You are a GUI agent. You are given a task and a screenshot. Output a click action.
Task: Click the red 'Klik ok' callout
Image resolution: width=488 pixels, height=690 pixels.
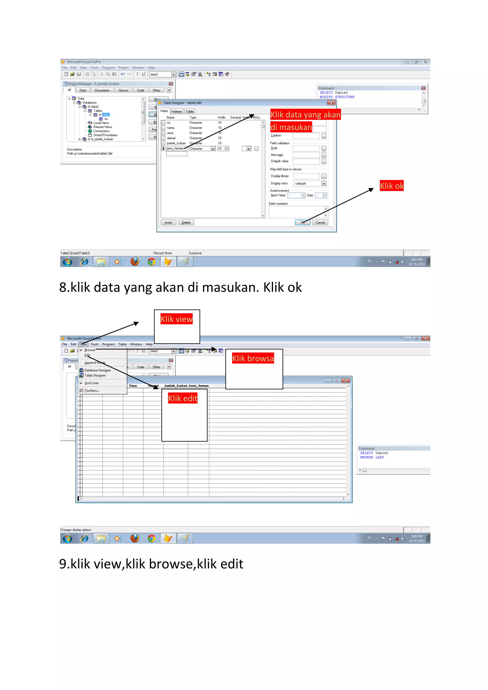pyautogui.click(x=391, y=186)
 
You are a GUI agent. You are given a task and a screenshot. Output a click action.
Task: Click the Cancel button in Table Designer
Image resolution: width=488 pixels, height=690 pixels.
pyautogui.click(x=320, y=222)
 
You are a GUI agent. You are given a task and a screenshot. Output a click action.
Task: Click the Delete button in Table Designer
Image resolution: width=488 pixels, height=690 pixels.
pyautogui.click(x=186, y=222)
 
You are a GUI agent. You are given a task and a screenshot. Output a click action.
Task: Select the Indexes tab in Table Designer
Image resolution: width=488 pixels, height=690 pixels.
pyautogui.click(x=177, y=111)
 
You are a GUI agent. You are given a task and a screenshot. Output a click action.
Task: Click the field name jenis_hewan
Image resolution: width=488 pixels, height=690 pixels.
pyautogui.click(x=175, y=148)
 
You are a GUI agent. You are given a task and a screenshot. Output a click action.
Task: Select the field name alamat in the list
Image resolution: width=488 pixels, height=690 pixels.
pyautogui.click(x=171, y=138)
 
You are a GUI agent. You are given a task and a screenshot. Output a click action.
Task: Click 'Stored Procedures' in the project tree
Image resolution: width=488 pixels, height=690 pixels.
pyautogui.click(x=105, y=135)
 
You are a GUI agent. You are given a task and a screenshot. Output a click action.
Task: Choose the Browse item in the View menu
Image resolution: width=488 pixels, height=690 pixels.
pyautogui.click(x=90, y=350)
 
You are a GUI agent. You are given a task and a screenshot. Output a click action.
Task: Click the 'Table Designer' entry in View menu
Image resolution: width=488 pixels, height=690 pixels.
pyautogui.click(x=95, y=375)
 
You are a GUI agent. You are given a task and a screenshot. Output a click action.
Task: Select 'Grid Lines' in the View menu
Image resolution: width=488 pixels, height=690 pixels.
pyautogui.click(x=91, y=383)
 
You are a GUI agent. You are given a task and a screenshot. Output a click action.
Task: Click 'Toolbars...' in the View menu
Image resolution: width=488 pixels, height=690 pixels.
pyautogui.click(x=92, y=390)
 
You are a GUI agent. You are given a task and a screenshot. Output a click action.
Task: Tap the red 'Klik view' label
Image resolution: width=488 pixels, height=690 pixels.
pyautogui.click(x=177, y=319)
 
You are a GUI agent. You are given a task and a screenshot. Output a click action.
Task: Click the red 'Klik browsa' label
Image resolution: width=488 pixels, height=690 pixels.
pyautogui.click(x=253, y=358)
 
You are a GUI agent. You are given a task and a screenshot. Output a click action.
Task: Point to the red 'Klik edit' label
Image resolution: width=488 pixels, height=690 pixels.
pyautogui.click(x=183, y=398)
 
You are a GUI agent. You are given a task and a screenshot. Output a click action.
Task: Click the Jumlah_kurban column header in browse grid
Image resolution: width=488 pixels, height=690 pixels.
pyautogui.click(x=176, y=386)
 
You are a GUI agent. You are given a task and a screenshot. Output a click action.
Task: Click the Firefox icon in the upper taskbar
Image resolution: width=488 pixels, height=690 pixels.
pyautogui.click(x=135, y=262)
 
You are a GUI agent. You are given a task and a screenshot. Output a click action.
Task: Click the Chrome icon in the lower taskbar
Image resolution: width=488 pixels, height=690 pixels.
pyautogui.click(x=152, y=538)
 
